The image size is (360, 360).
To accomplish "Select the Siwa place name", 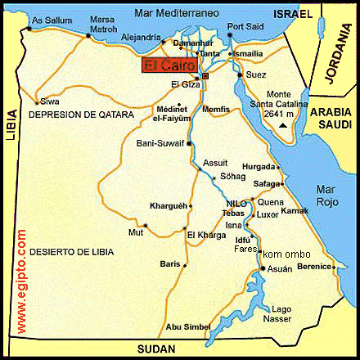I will pos(49,101).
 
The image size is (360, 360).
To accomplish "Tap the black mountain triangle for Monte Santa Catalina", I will pos(283,126).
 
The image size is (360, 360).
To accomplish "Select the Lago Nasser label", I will pos(281,312).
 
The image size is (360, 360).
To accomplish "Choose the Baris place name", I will pos(170,264).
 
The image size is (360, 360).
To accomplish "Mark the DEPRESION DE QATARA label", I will pos(80,115).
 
